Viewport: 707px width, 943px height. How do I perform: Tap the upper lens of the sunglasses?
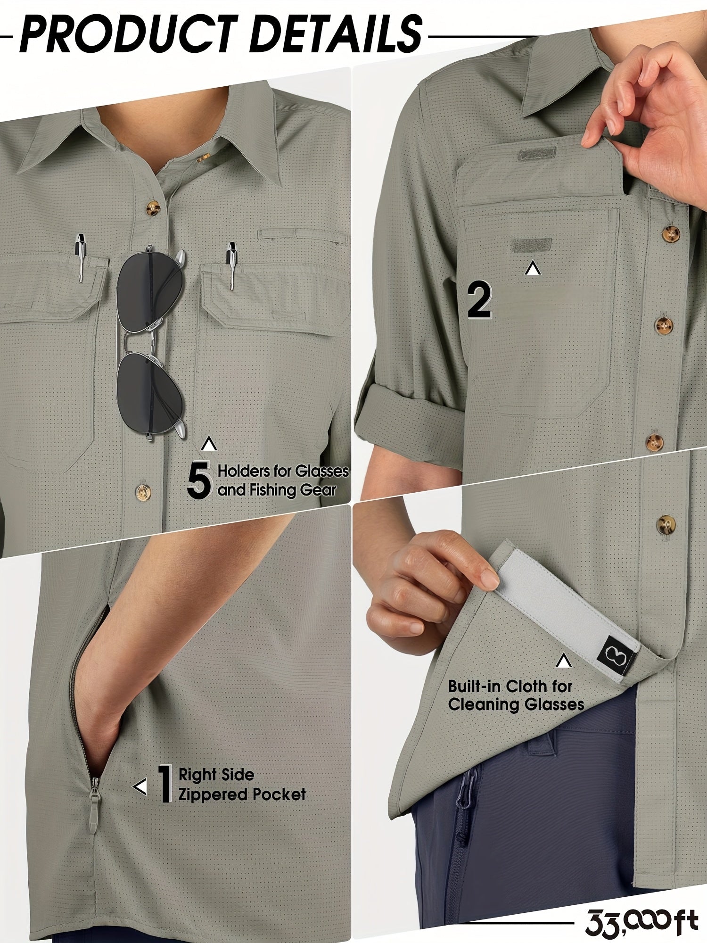point(150,290)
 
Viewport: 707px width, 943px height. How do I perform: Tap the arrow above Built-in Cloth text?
point(563,661)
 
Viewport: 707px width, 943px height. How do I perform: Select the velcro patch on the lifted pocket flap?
point(536,154)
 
